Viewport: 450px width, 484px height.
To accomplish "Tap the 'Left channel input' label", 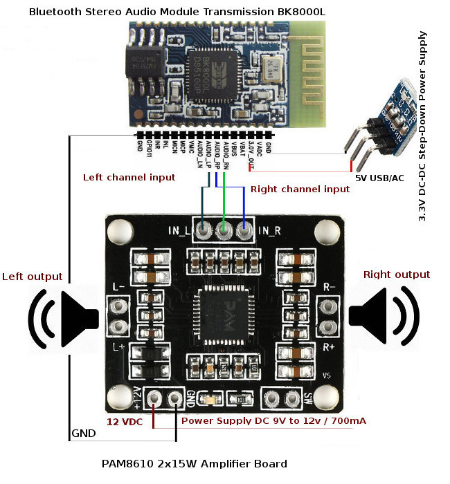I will [129, 178].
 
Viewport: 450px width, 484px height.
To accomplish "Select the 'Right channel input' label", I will [300, 189].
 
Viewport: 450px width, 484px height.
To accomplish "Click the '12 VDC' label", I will [125, 420].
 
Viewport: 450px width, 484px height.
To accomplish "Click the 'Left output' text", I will [32, 277].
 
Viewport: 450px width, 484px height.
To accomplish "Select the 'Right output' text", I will [397, 274].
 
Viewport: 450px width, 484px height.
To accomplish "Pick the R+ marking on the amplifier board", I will [329, 346].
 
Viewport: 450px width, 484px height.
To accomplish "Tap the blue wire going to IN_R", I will [243, 204].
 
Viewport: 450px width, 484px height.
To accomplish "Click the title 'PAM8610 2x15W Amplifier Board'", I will [194, 463].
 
